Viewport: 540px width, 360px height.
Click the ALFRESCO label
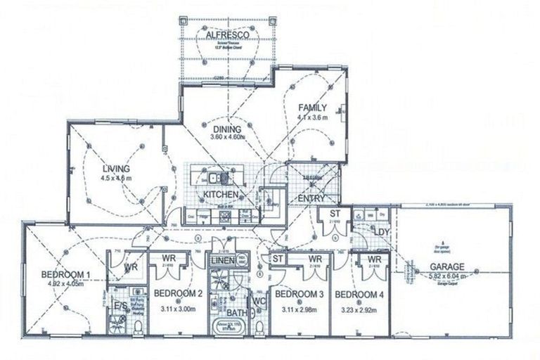(224, 34)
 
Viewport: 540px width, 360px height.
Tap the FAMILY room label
(313, 108)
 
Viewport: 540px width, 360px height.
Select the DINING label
(227, 129)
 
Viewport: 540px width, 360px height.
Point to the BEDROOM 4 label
(360, 292)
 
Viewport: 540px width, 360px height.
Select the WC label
(259, 302)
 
